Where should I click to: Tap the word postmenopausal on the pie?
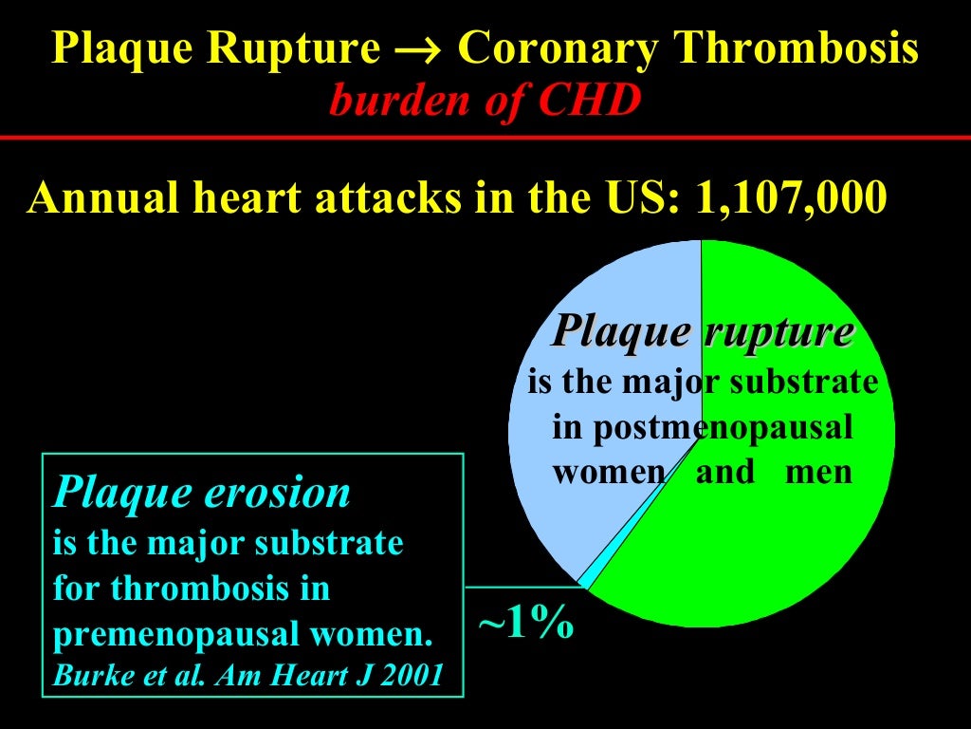tap(703, 428)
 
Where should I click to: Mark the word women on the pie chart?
tap(609, 472)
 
